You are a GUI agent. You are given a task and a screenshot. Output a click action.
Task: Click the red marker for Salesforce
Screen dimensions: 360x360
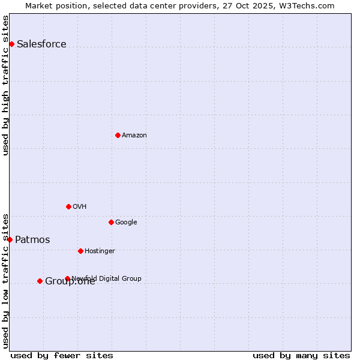tap(11, 44)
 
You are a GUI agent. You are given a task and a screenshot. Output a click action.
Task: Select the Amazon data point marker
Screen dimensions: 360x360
tap(118, 135)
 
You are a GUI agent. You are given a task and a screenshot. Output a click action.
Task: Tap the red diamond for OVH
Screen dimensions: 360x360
tap(68, 206)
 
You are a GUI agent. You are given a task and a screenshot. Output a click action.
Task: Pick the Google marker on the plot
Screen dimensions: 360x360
tap(111, 222)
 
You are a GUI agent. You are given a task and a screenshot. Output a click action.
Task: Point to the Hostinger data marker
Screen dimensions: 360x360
tap(80, 251)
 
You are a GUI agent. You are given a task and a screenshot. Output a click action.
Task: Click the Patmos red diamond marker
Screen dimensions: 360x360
tap(10, 239)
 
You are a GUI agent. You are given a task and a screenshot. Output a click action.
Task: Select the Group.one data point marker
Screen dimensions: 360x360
tap(40, 281)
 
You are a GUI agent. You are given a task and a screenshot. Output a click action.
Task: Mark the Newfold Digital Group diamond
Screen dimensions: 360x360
tap(67, 278)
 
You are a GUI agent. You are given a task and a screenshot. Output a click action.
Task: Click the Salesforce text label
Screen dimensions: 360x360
tap(41, 44)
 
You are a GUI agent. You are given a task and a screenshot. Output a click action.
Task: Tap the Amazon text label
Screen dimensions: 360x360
tap(134, 135)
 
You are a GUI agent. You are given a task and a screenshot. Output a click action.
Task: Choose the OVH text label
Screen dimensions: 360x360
tap(80, 206)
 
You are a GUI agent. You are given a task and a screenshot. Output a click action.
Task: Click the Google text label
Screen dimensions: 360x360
tap(126, 222)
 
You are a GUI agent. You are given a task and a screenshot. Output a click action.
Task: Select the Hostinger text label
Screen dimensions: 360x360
tap(100, 251)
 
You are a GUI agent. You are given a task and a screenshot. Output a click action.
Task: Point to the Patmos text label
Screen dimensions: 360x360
tap(32, 239)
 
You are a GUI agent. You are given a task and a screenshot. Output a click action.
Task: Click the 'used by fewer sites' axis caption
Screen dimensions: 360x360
tap(62, 355)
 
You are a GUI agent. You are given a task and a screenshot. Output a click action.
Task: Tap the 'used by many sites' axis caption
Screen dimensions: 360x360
tap(301, 355)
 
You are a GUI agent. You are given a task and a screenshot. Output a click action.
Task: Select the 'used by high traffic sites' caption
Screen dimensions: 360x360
tap(6, 85)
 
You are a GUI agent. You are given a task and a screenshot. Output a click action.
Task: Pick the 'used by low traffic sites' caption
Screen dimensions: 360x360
tap(6, 281)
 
